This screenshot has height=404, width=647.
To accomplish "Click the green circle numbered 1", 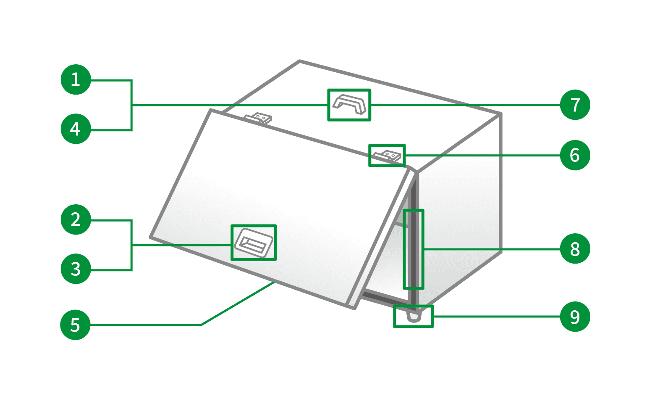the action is click(76, 79).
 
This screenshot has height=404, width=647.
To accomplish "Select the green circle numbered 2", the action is click(76, 219).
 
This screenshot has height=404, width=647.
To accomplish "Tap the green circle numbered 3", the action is click(76, 269).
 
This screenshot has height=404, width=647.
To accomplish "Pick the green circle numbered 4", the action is click(76, 129).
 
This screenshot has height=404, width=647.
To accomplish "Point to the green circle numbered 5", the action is click(75, 325).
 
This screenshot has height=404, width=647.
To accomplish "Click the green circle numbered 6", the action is click(575, 155).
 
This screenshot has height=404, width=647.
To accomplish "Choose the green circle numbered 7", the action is click(575, 105).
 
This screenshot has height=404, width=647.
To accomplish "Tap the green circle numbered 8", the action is click(575, 249).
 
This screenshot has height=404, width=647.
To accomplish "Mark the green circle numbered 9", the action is click(575, 317).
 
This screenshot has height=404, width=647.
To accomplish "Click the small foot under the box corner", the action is click(414, 316).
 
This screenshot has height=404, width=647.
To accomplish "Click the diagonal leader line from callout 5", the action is click(238, 304).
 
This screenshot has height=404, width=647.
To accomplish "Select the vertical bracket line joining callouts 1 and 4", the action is click(131, 105).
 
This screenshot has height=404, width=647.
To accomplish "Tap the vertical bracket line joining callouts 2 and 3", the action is click(131, 245).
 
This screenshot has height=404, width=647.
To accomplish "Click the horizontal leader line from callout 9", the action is click(497, 317).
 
